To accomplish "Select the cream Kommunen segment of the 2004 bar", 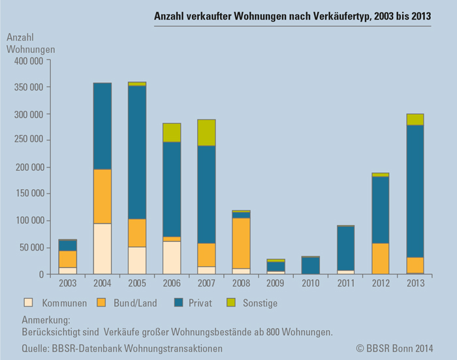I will click(x=102, y=248).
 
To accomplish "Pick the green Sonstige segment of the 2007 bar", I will click(x=206, y=132).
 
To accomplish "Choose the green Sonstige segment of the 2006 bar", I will click(x=172, y=132).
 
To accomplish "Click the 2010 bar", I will click(x=310, y=265).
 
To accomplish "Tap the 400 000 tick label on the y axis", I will click(x=28, y=61).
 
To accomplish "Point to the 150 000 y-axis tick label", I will click(x=28, y=194).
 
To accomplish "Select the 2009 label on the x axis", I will click(x=276, y=284).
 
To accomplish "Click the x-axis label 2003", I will click(x=68, y=284).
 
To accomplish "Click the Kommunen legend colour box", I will click(x=28, y=303).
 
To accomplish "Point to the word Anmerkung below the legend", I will click(x=45, y=321).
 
